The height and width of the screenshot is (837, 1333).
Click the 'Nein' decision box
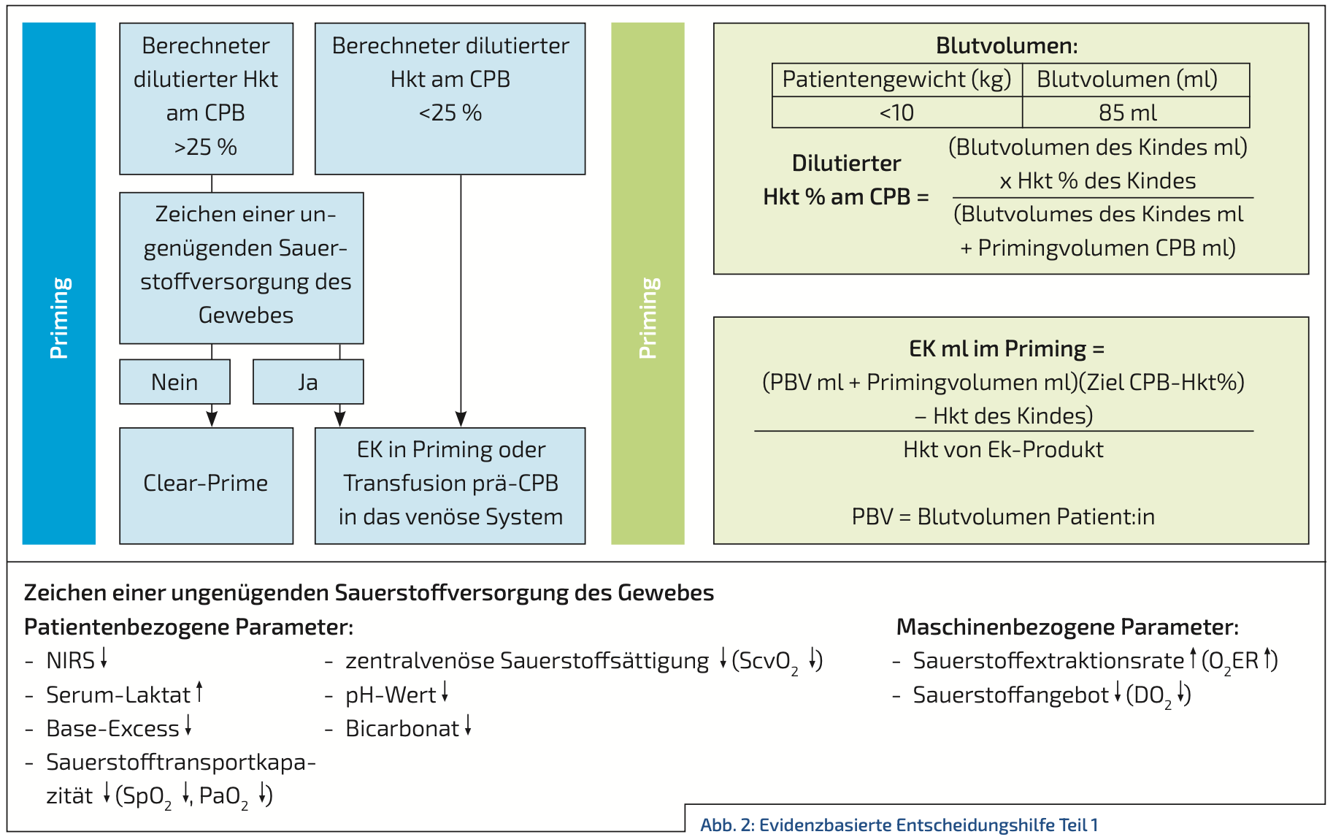174,381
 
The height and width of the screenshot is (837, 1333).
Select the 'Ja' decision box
308,381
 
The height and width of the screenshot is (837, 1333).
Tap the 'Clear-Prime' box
206,486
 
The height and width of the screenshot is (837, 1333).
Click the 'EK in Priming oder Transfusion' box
450,486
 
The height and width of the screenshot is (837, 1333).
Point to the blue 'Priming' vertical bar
59,283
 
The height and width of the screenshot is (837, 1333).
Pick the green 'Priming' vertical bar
648,283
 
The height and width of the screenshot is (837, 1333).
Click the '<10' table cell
897,112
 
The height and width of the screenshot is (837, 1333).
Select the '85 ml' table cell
1136,112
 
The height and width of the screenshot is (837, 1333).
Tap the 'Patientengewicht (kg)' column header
897,80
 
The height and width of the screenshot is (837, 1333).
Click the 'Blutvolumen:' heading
1007,45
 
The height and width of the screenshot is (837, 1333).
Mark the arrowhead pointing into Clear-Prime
212,419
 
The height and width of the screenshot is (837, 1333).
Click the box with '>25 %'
206,99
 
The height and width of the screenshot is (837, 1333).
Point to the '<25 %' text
450,113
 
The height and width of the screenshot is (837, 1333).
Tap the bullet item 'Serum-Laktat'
124,694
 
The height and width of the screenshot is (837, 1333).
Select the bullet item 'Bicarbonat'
408,727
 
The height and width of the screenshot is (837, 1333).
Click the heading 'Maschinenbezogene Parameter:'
1067,627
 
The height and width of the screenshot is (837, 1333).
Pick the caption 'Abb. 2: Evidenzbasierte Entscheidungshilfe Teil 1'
899,825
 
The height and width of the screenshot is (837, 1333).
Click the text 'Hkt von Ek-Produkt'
1003,449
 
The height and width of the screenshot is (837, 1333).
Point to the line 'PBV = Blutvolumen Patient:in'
1003,516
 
